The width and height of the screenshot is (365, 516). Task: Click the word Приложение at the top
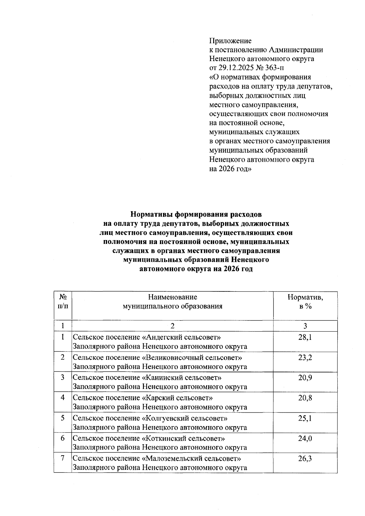230,41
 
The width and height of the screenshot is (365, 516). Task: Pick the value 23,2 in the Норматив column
305,357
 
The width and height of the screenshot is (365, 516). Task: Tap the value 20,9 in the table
305,378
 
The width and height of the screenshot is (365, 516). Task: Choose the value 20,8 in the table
305,398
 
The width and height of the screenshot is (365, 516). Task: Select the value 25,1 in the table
305,418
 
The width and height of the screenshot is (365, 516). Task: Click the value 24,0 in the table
305,439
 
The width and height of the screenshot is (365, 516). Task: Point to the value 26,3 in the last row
305,459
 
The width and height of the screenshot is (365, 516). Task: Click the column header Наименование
172,297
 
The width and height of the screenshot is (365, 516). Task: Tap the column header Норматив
305,297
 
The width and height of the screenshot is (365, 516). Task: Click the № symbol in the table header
63,297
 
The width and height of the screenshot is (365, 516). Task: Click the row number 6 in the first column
63,438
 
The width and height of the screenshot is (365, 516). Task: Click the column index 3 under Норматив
305,326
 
